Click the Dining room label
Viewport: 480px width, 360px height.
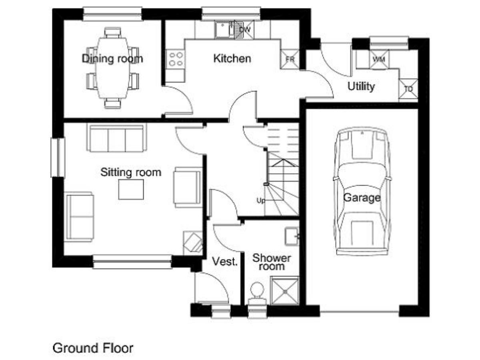112,58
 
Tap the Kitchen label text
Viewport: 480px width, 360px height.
232,58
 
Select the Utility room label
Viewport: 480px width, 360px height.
361,86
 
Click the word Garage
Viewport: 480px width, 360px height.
362,198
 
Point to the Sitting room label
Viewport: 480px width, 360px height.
131,172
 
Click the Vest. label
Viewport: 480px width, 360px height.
225,261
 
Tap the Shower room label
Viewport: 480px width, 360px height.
272,262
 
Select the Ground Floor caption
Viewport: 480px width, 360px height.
93,348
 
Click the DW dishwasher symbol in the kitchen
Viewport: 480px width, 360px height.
244,30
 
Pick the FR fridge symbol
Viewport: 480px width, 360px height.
290,59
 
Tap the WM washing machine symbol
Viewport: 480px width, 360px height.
379,59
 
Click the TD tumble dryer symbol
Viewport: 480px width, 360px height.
408,89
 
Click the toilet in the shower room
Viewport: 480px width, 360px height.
257,294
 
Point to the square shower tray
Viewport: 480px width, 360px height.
285,291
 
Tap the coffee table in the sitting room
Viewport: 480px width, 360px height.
131,189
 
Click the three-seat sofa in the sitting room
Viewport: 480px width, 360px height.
117,138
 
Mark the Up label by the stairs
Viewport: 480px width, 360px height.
261,201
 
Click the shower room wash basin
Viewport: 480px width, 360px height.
292,236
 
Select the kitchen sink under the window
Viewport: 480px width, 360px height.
224,30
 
